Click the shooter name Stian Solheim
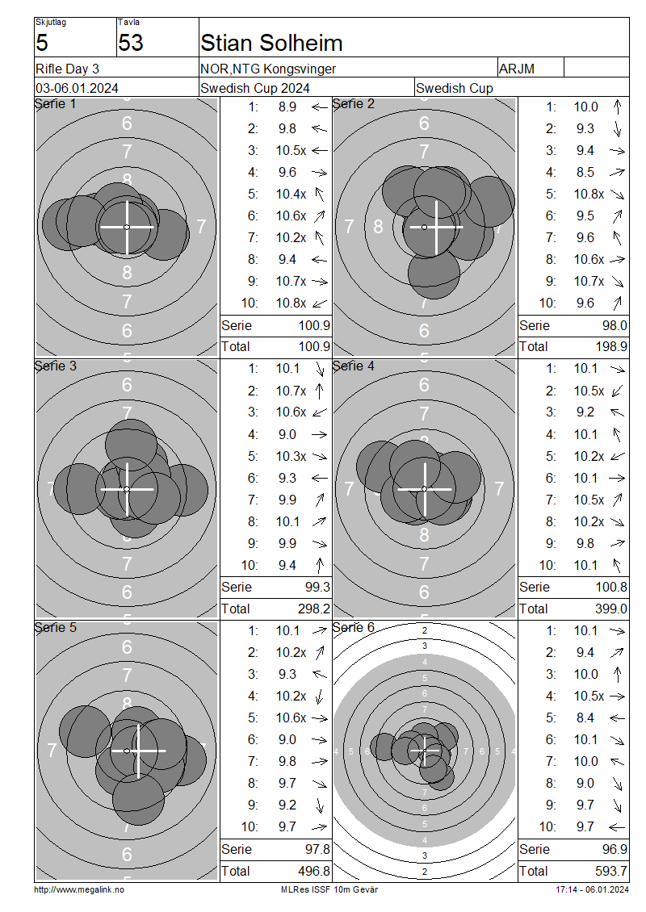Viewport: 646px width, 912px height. click(271, 43)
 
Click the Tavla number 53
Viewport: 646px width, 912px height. click(130, 43)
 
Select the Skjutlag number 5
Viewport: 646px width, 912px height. click(42, 43)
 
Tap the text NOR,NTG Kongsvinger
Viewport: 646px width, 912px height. click(268, 69)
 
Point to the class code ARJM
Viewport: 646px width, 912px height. click(516, 69)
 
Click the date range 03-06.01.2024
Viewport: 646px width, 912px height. click(77, 89)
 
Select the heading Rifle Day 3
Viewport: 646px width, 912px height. click(68, 69)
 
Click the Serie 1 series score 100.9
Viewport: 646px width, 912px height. click(314, 326)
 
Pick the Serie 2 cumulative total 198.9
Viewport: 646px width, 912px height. click(611, 347)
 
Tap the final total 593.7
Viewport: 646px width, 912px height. click(611, 872)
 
